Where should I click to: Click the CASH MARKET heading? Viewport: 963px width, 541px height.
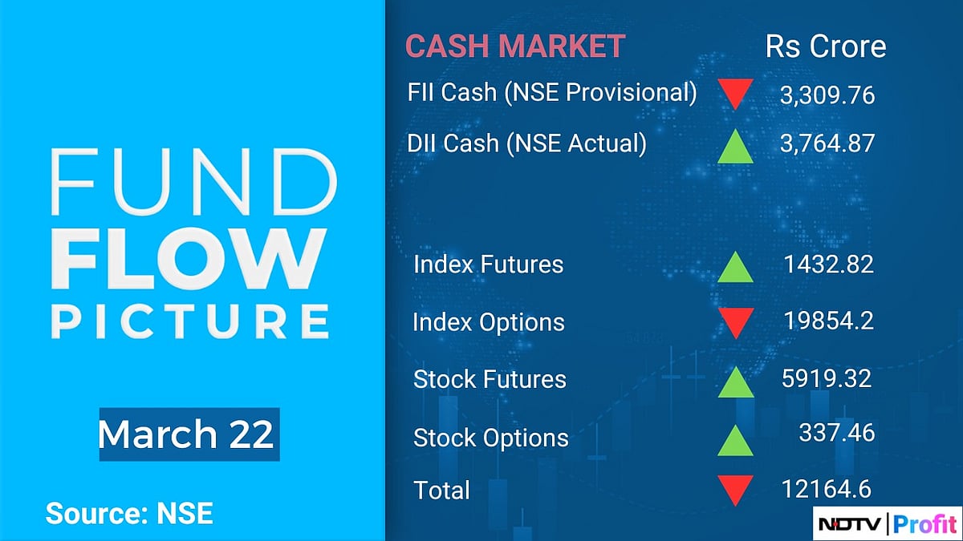[x=514, y=46]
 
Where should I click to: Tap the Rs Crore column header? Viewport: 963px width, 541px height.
[x=826, y=46]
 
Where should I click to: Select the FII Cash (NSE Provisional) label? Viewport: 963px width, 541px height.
[x=552, y=93]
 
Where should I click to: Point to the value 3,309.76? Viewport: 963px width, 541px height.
[x=827, y=96]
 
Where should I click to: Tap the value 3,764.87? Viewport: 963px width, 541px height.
[x=827, y=143]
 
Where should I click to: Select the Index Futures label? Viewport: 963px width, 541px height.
[x=488, y=264]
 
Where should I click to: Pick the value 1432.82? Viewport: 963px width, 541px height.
[x=829, y=264]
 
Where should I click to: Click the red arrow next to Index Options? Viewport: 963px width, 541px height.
[x=734, y=322]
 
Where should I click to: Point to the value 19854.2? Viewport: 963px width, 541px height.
[x=829, y=321]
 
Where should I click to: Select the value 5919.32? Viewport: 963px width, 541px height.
[x=827, y=378]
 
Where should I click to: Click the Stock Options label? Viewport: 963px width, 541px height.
[x=490, y=438]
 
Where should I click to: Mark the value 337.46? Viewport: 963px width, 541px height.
[x=836, y=433]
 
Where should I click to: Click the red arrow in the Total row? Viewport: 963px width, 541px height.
[x=734, y=490]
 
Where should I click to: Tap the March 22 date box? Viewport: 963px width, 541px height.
[x=189, y=435]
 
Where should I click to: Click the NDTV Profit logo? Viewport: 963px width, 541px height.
[x=886, y=524]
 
